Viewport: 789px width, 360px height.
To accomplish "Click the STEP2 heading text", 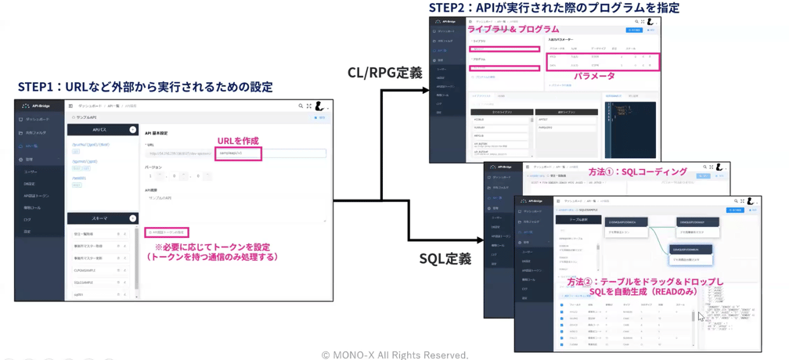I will point(553,8).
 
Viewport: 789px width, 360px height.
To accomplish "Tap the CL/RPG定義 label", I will point(385,73).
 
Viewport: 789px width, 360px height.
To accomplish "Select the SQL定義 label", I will point(445,258).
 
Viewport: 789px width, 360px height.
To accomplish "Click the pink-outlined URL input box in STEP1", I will point(238,153).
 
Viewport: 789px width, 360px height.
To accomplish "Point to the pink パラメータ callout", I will point(594,76).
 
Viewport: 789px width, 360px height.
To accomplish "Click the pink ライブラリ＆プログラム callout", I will point(513,29).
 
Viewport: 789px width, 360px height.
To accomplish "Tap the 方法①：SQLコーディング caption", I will point(637,171).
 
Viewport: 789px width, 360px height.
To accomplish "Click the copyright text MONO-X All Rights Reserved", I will point(394,355).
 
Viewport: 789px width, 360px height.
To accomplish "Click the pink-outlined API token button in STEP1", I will point(167,232).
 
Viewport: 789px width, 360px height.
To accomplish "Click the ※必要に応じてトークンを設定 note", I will point(212,247).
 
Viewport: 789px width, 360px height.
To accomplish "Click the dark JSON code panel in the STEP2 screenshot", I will point(629,125).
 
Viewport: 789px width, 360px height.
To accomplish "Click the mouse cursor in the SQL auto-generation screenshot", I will point(701,316).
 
